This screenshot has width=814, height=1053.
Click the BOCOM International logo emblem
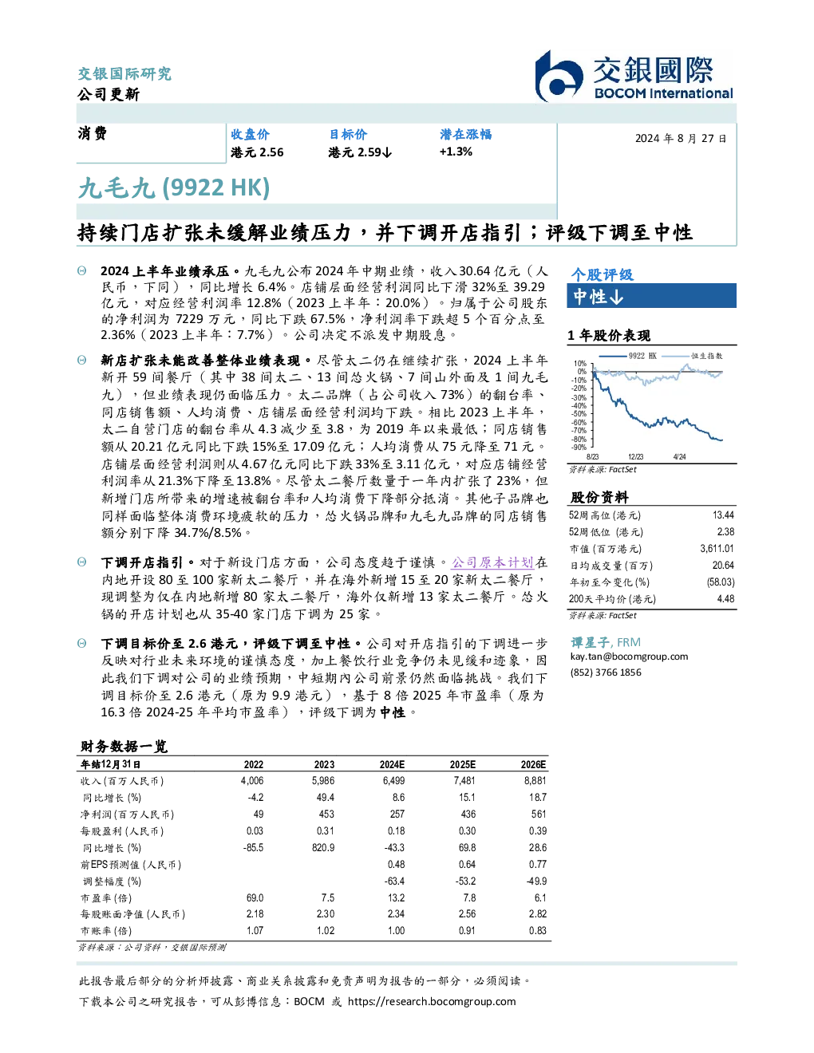558,77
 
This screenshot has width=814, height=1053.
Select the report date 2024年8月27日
680,139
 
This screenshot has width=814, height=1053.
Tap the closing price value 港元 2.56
257,152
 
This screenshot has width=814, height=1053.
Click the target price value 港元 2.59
360,152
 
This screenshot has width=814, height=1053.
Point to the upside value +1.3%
456,152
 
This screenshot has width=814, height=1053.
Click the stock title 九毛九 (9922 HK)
174,188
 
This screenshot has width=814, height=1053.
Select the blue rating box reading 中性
651,296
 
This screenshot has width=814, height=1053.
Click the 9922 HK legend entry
628,356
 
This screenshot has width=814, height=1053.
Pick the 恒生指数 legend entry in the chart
693,356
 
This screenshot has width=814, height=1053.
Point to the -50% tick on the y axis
579,414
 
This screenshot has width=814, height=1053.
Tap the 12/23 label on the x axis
635,457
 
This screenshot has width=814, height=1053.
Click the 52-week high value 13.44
723,515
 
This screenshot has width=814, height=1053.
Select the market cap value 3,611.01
717,549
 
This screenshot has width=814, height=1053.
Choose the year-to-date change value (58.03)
721,582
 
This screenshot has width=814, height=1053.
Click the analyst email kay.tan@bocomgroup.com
629,657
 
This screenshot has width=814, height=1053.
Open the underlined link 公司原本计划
492,562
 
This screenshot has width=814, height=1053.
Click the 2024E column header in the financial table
392,765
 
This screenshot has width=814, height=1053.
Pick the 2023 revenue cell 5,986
323,781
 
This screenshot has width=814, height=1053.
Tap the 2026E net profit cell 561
539,814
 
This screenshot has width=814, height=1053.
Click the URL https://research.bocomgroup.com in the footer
432,1002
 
